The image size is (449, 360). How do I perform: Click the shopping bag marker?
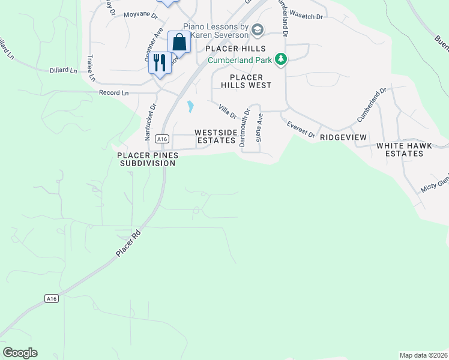(x=179, y=43)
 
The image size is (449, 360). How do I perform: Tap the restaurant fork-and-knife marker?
(x=160, y=63)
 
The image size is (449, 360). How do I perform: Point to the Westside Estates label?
(x=214, y=136)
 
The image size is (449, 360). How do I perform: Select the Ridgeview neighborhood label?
(x=343, y=137)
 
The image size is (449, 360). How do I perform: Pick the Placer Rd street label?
(x=127, y=246)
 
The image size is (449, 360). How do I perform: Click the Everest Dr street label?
(x=300, y=129)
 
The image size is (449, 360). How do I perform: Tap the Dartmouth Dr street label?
(x=246, y=127)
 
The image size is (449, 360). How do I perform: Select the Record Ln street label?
(x=114, y=93)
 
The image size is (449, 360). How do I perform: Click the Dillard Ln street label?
(x=64, y=71)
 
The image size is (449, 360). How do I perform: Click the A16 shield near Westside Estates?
(x=160, y=139)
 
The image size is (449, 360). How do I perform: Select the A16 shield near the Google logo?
(x=51, y=298)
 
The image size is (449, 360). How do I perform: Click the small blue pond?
(x=190, y=107)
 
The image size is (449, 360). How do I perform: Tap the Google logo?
(x=20, y=352)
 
